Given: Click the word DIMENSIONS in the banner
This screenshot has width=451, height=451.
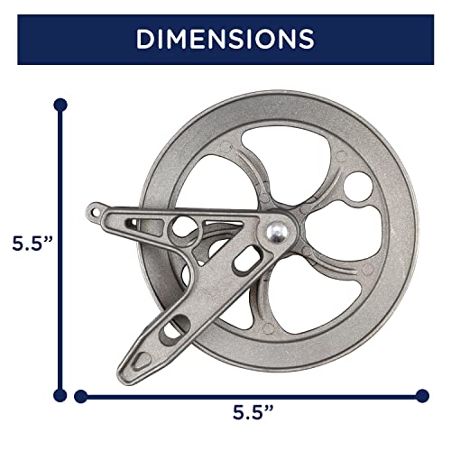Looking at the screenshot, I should [225, 39].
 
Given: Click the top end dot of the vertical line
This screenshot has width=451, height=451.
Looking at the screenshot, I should [60, 105].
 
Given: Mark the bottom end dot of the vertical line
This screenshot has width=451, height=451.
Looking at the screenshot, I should [60, 393].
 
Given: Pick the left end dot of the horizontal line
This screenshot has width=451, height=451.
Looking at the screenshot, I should [81, 393].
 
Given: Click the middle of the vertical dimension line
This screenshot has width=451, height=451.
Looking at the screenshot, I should [60, 249].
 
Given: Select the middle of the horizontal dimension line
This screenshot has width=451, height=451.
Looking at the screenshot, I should [251, 393].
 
